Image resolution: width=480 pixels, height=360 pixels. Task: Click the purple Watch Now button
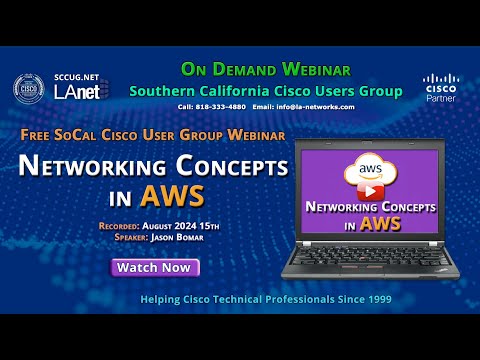click(x=154, y=267)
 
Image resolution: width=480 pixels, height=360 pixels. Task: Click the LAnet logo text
click(x=76, y=92)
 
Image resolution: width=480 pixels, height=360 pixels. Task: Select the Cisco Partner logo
click(x=441, y=88)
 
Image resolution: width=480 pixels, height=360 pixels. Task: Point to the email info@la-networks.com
click(x=304, y=106)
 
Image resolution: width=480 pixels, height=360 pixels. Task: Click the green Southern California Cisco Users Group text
click(x=265, y=90)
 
